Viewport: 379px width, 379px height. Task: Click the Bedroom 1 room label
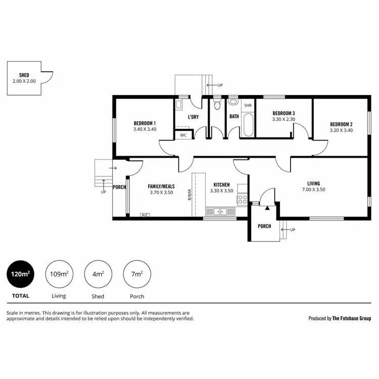145,123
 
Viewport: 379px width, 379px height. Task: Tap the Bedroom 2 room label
341,124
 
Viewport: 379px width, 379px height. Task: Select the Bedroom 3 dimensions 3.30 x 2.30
283,119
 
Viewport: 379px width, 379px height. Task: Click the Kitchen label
221,185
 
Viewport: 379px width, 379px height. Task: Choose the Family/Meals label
162,186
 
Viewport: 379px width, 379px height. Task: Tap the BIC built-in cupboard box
183,135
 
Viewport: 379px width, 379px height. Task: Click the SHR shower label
248,106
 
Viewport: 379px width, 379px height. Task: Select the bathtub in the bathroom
248,125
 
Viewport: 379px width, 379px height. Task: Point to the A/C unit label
145,215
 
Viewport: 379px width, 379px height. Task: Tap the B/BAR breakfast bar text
190,194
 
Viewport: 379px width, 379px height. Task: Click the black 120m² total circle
20,274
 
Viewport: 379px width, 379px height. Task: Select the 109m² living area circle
59,274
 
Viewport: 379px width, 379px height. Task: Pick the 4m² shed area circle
98,274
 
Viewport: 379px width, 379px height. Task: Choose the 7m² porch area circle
137,274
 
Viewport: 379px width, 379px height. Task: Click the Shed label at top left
24,75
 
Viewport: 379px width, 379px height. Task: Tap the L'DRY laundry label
193,117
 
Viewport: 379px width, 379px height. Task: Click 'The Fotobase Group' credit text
352,318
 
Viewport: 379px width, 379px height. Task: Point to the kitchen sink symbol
220,211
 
